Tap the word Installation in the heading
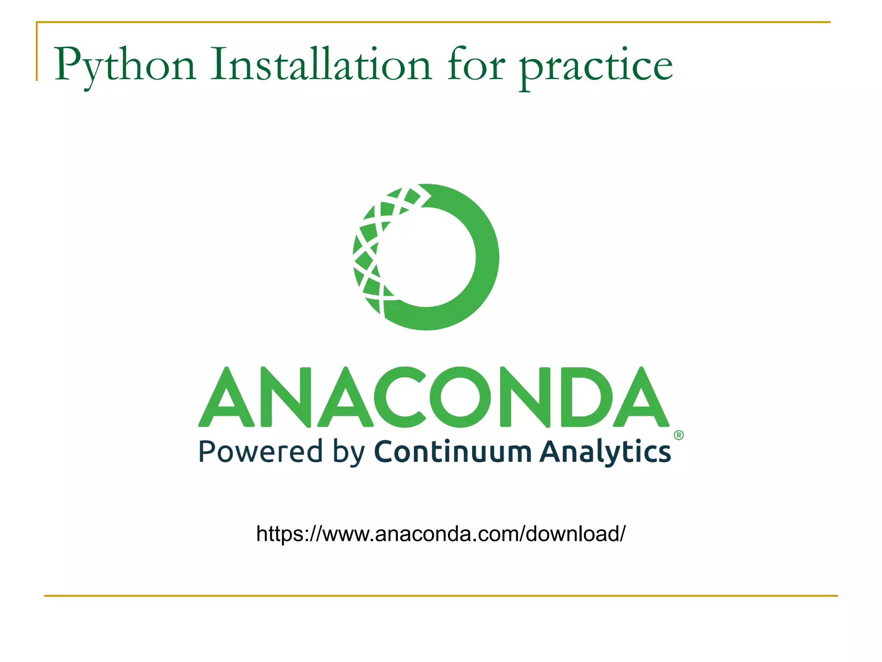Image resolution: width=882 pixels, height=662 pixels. coord(321,65)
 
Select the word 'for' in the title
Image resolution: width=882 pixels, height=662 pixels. coord(476,65)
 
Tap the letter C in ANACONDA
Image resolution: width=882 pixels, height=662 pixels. coord(400,397)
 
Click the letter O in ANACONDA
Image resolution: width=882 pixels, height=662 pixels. coord(460,397)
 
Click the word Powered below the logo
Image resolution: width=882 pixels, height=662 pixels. coord(260,452)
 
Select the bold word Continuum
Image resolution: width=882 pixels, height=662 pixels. coord(453,452)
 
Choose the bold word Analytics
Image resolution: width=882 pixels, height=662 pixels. coord(605,453)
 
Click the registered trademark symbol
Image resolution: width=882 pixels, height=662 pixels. coord(679,435)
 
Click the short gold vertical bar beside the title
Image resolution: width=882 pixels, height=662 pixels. coord(37,52)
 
